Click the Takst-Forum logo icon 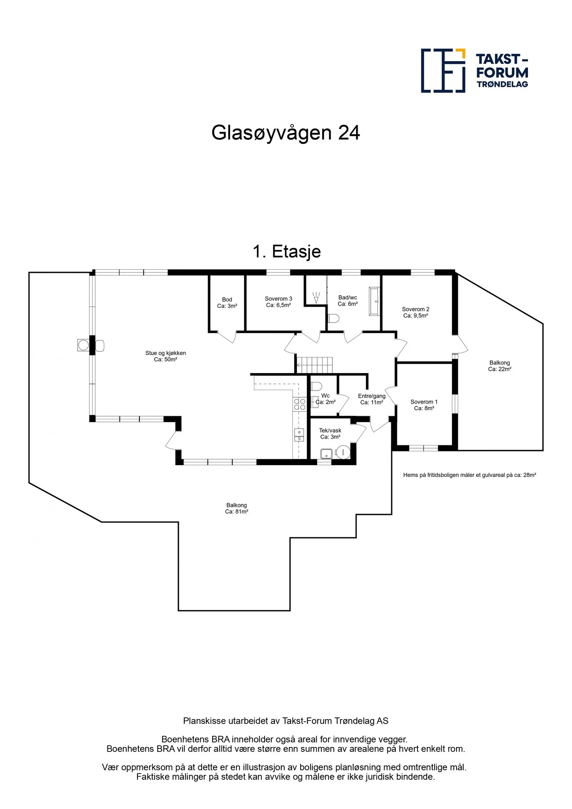click(x=443, y=71)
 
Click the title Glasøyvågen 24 click(x=285, y=133)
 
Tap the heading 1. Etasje click(x=287, y=252)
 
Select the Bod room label click(x=227, y=303)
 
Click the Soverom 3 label click(x=278, y=302)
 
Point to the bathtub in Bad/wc click(x=374, y=301)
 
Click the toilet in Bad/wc click(x=333, y=318)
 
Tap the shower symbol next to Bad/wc click(x=316, y=297)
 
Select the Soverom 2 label click(x=415, y=312)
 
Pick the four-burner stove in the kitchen click(x=300, y=404)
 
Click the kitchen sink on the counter click(x=299, y=434)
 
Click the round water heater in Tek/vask click(x=343, y=452)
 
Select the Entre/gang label click(x=372, y=399)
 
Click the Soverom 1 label click(x=424, y=405)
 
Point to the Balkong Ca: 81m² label click(x=236, y=508)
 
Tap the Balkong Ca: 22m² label click(x=499, y=366)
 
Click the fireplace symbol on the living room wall click(x=84, y=345)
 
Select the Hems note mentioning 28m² click(x=470, y=475)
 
